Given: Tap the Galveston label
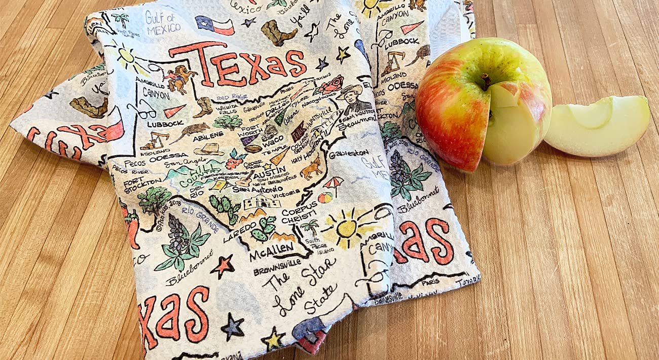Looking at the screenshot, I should tap(349, 153).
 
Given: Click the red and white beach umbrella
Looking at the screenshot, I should tap(333, 183).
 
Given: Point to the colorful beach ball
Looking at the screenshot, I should tap(325, 197).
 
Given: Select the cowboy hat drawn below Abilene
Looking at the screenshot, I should tap(209, 149).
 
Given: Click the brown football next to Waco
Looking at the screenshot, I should tap(252, 149).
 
